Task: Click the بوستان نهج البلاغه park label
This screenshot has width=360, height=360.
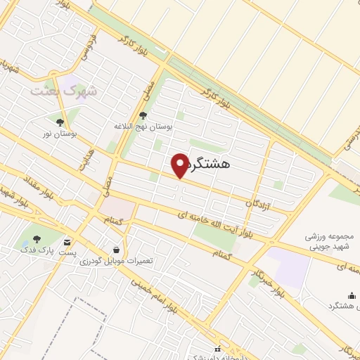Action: [x=144, y=127]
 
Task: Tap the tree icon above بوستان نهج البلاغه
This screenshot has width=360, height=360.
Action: [x=143, y=115]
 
